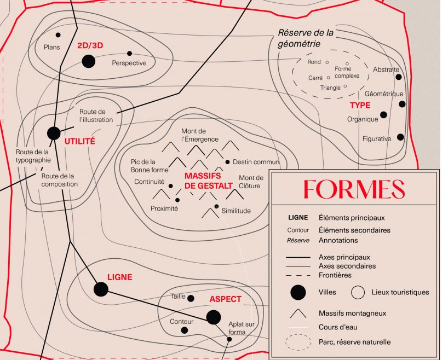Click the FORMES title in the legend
354,189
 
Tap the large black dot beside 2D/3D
88,61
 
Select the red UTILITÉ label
79,141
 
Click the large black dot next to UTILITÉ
54,133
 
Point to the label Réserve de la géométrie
306,38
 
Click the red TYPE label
360,105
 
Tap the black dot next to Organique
383,115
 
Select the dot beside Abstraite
398,78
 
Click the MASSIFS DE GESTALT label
202,181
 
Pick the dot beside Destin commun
227,162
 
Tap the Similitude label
236,211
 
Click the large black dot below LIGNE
101,289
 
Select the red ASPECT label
225,299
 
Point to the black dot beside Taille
191,298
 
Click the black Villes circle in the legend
297,292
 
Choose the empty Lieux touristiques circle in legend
358,292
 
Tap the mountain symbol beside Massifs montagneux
297,313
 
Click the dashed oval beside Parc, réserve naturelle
297,342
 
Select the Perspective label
129,63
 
